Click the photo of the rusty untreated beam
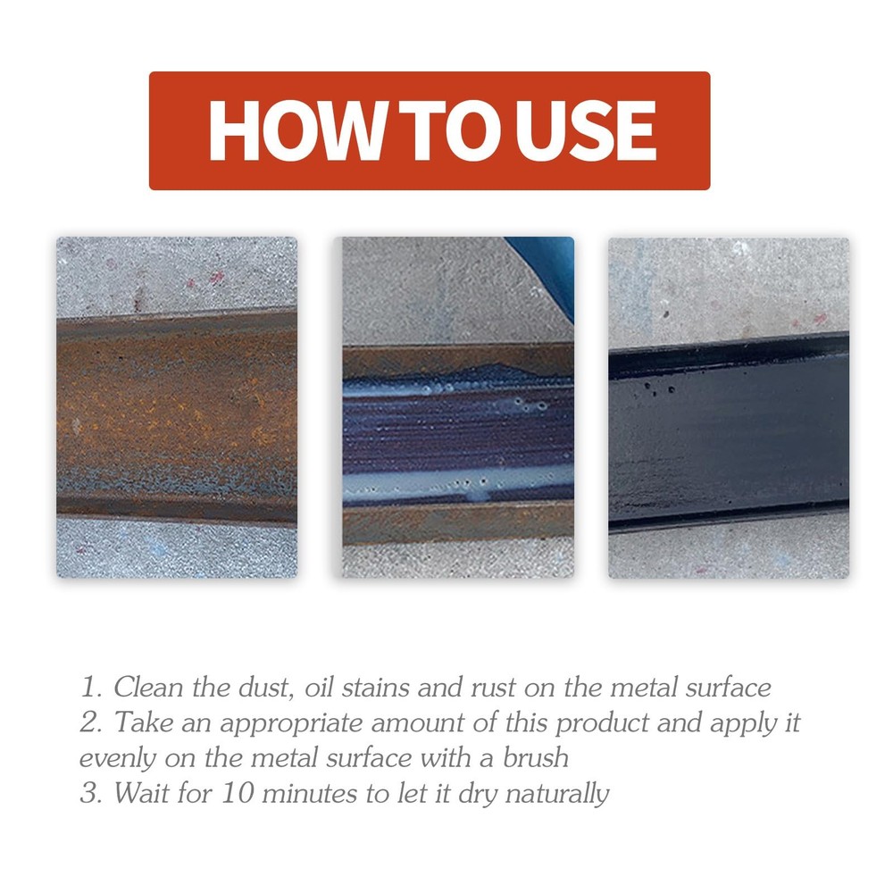(x=177, y=407)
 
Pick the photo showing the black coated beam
(x=729, y=407)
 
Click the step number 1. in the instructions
(x=92, y=689)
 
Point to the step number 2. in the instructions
(x=92, y=723)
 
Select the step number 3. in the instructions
(x=92, y=793)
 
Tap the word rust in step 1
(x=510, y=689)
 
